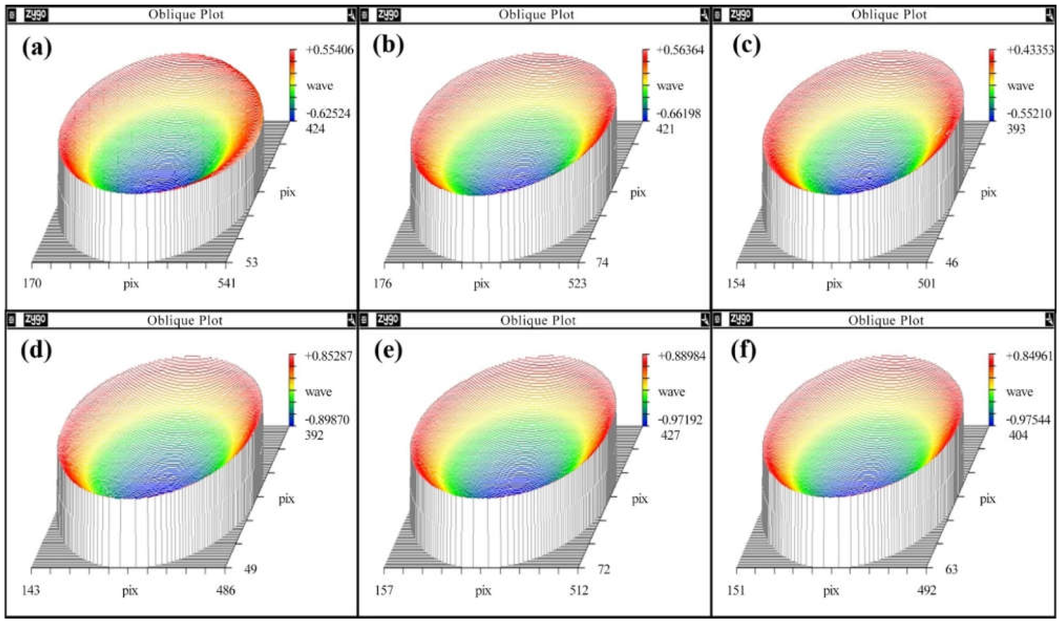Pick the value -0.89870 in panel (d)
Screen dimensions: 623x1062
tap(327, 420)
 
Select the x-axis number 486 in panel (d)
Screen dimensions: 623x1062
tap(224, 591)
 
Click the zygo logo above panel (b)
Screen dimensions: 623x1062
tap(388, 15)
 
